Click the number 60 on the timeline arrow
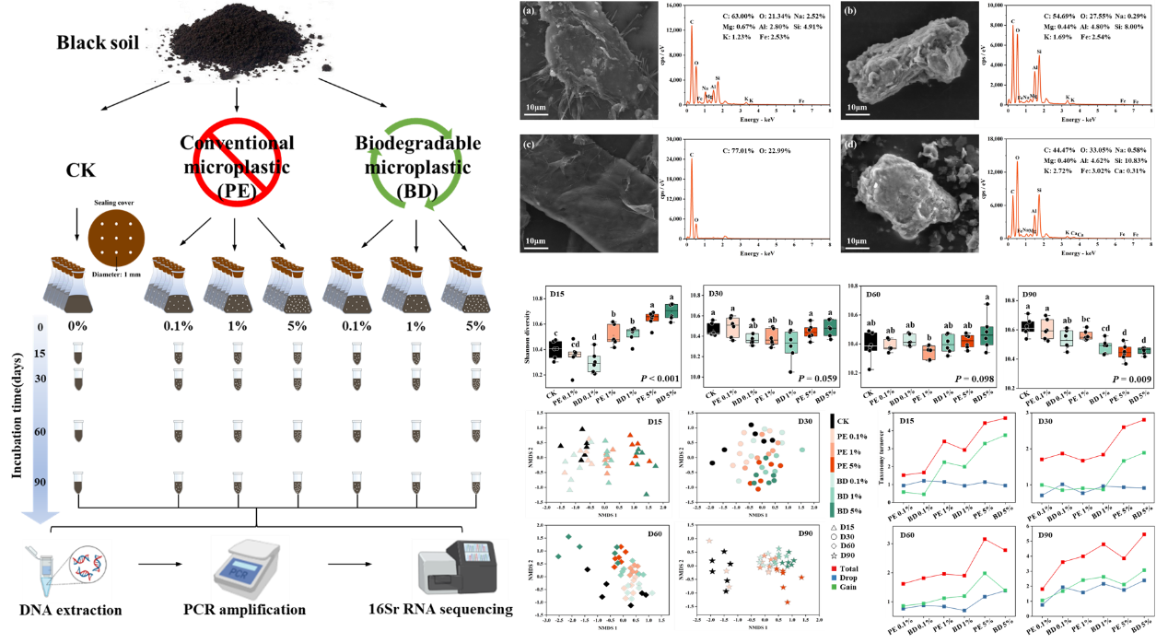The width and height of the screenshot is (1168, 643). point(40,430)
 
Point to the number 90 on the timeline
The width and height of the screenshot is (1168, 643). point(40,481)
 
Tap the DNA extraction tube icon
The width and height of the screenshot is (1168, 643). point(67,571)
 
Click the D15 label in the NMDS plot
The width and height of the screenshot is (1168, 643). point(655,422)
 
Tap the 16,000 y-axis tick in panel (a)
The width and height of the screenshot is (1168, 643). point(672,6)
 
